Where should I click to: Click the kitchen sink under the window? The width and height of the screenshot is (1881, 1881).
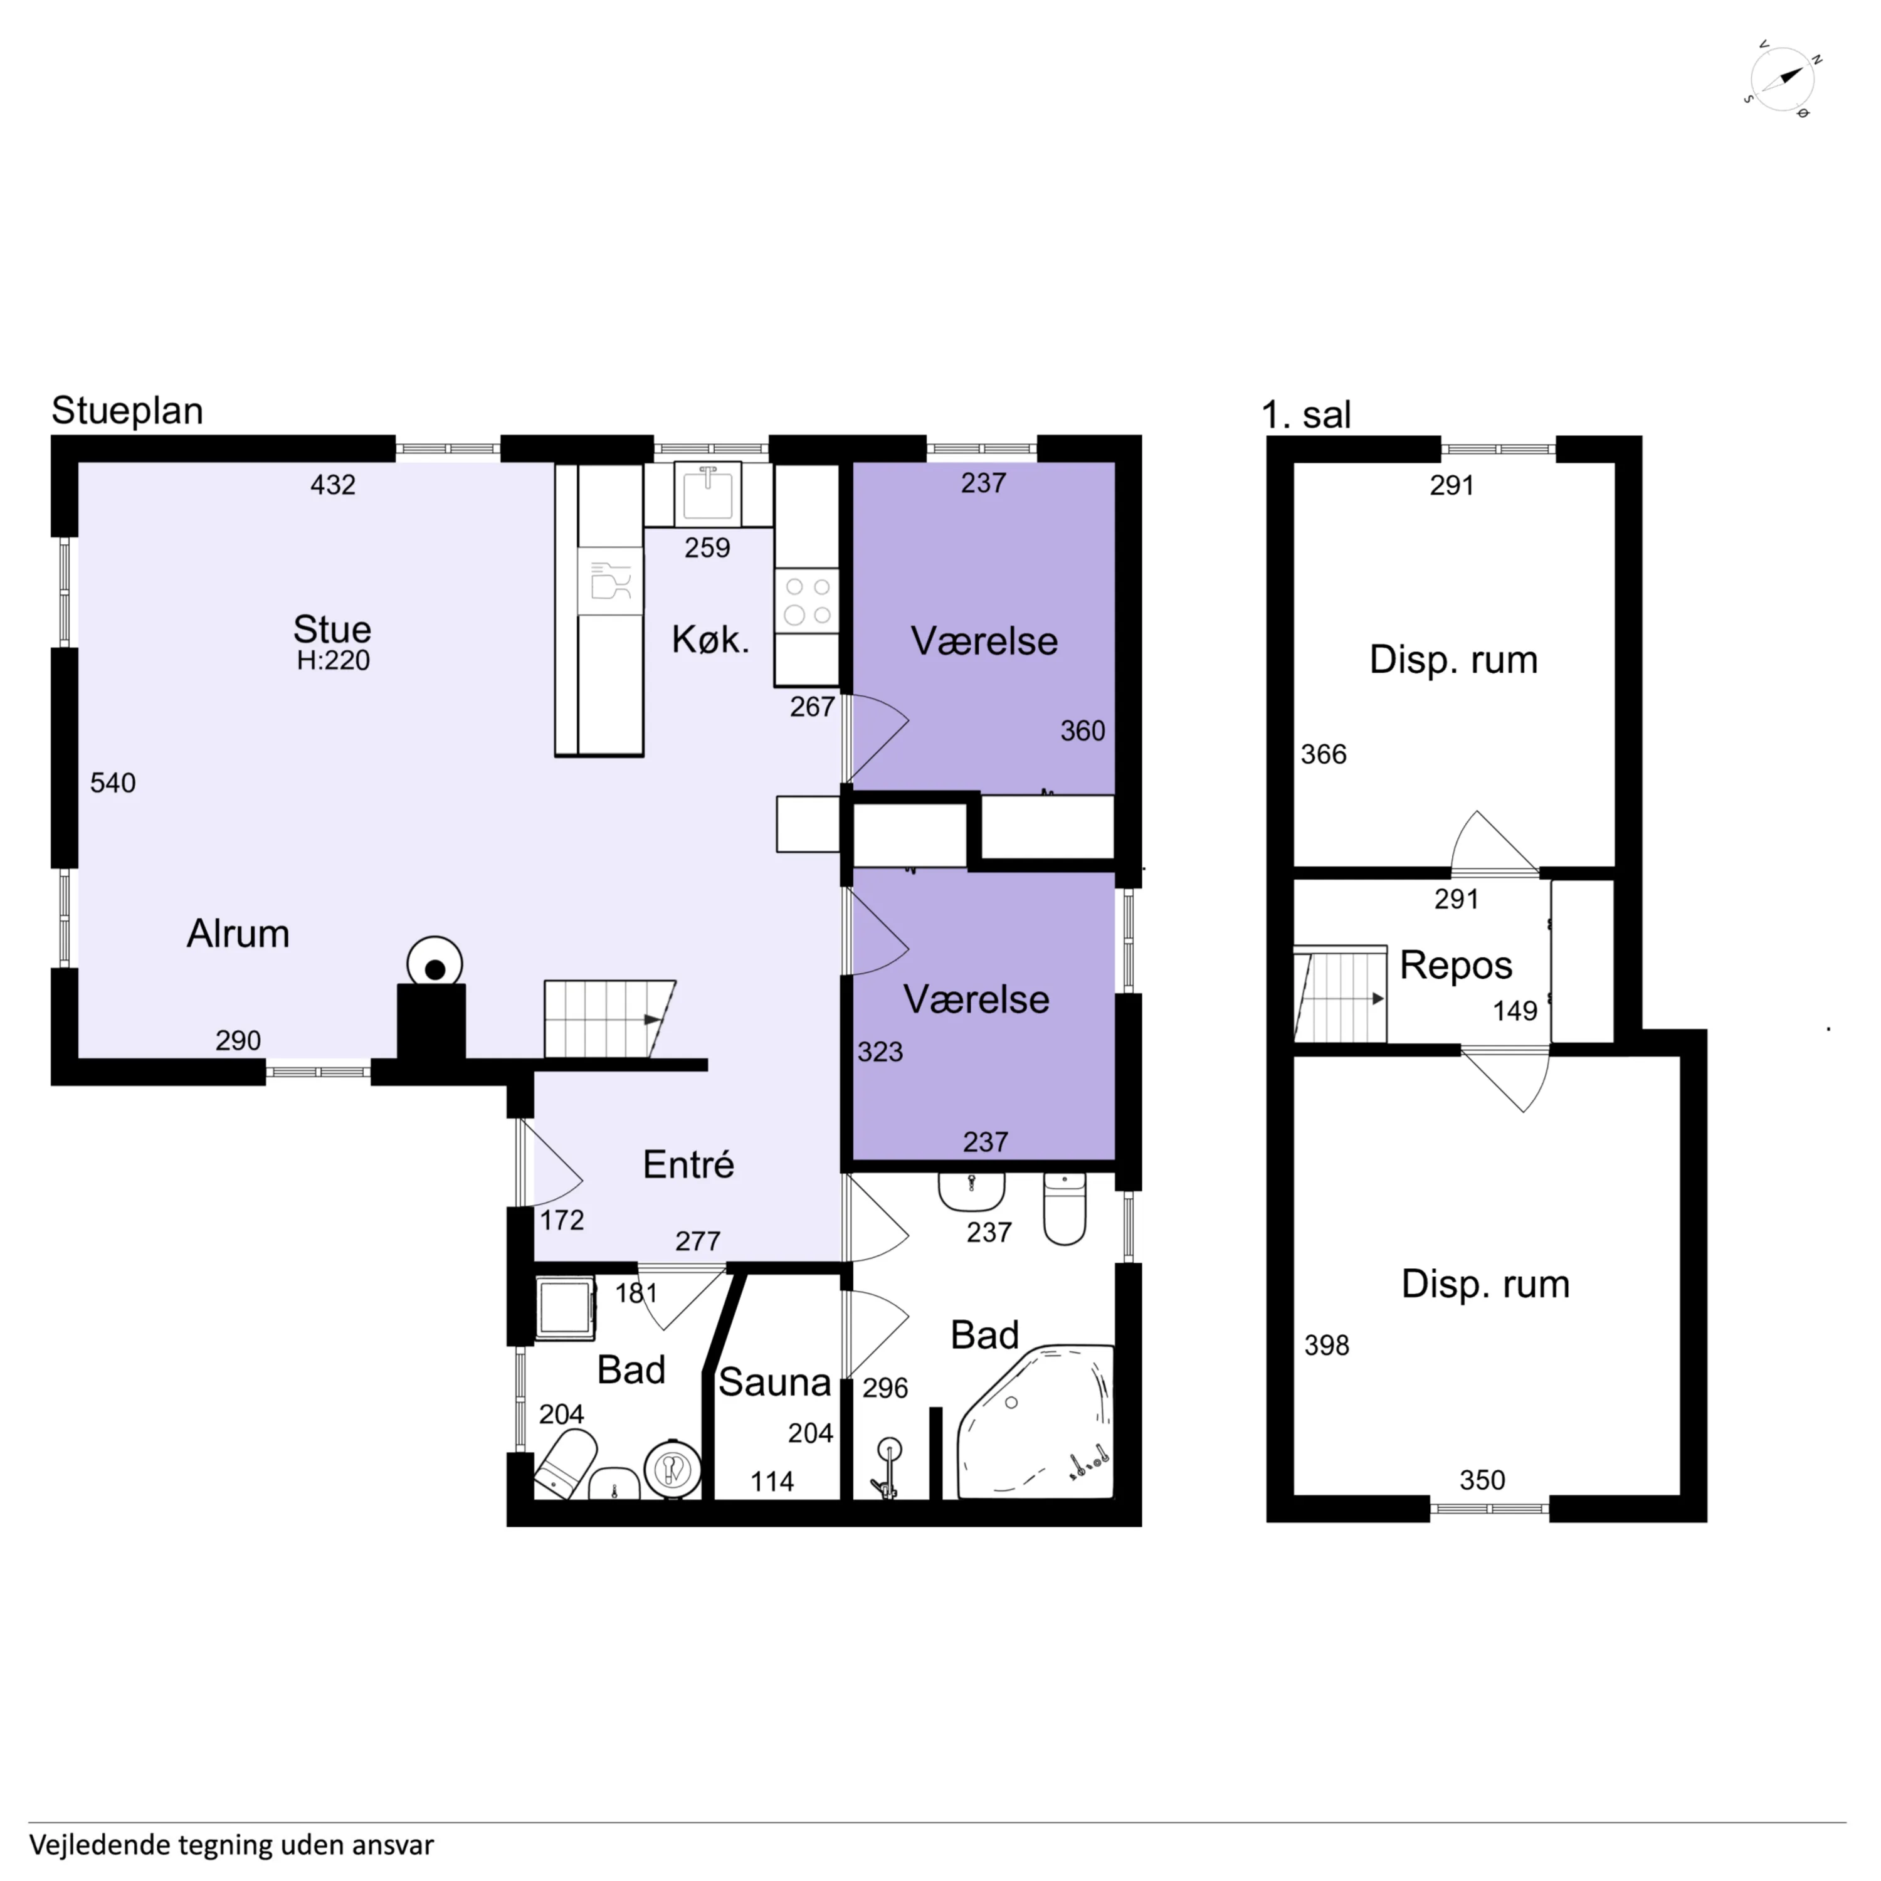pyautogui.click(x=708, y=493)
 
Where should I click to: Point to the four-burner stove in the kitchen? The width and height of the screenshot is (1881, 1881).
pyautogui.click(x=807, y=601)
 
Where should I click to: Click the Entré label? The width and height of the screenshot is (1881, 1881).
pyautogui.click(x=688, y=1164)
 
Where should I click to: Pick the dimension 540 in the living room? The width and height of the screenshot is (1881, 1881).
pyautogui.click(x=113, y=782)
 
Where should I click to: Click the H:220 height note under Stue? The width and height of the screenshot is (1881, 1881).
pyautogui.click(x=333, y=661)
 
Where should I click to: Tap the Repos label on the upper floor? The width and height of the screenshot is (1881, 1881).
pyautogui.click(x=1455, y=966)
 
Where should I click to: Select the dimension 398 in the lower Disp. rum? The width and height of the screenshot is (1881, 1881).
pyautogui.click(x=1327, y=1346)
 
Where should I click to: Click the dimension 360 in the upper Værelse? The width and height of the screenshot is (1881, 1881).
pyautogui.click(x=1083, y=731)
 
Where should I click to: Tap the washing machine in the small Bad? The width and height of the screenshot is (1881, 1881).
pyautogui.click(x=566, y=1307)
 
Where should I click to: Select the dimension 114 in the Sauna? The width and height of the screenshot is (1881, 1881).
pyautogui.click(x=772, y=1482)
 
